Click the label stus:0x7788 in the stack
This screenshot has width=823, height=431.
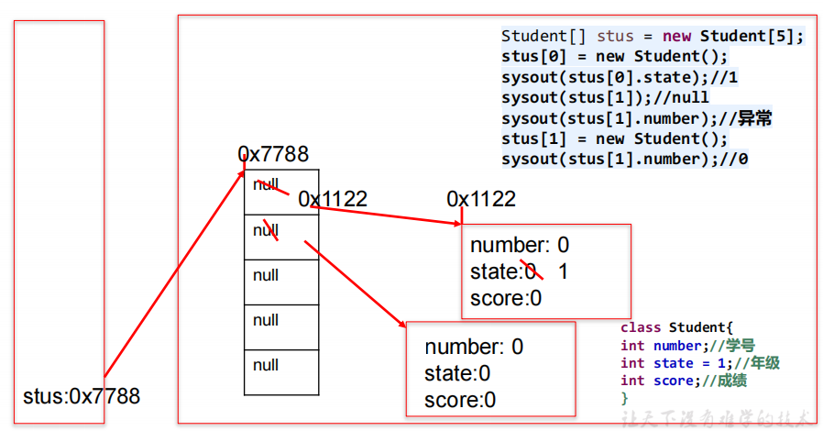(81, 396)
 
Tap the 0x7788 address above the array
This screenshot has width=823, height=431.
(273, 154)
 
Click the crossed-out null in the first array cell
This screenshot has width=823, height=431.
(266, 184)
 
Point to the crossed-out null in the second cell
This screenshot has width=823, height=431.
(266, 230)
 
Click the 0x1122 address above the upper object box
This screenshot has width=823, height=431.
(481, 199)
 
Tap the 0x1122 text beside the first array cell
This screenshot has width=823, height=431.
(333, 199)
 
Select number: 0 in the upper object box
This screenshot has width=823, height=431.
(520, 246)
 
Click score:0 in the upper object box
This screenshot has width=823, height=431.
(506, 298)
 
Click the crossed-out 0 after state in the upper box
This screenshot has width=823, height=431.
(530, 271)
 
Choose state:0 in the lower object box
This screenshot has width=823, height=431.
(457, 373)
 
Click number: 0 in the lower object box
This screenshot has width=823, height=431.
(474, 347)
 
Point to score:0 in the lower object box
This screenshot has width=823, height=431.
(460, 400)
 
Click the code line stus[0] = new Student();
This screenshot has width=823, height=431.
(615, 56)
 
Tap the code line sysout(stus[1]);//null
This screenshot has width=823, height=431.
(605, 97)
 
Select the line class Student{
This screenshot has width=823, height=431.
(677, 327)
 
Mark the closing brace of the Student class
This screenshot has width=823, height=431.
(624, 398)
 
